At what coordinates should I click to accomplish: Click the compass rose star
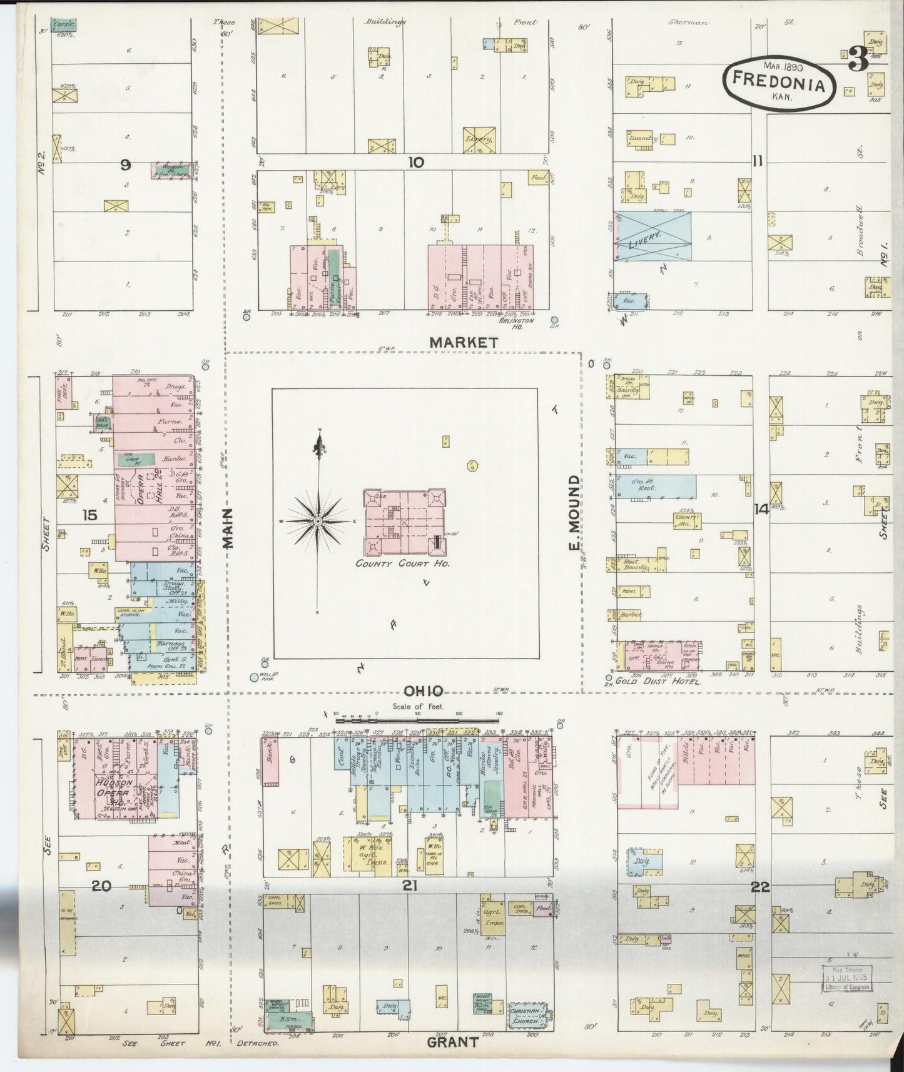coord(318,521)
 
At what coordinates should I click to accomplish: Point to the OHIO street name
coord(424,691)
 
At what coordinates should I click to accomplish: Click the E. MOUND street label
coord(573,514)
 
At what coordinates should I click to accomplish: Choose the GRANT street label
coord(452,1042)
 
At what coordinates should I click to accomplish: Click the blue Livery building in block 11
coord(654,236)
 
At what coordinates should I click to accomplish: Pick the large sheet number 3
coord(858,61)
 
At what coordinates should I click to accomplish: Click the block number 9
coord(125,165)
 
